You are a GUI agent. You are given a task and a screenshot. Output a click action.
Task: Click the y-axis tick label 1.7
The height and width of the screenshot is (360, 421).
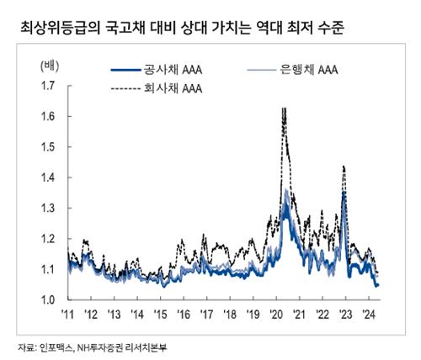pos(50,86)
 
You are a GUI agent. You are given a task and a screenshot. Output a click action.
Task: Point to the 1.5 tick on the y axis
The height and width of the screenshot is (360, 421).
pos(50,147)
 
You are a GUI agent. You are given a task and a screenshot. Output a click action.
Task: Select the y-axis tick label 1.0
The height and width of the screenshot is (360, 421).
pos(50,299)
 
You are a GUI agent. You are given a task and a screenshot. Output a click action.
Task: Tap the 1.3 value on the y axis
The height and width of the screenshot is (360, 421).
pos(50,208)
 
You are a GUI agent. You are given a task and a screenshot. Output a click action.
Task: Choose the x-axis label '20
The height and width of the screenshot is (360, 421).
pos(277,315)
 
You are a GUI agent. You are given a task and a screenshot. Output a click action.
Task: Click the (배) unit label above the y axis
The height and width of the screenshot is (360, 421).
pos(50,64)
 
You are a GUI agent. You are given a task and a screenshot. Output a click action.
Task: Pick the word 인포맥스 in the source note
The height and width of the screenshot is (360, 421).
pos(57,346)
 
